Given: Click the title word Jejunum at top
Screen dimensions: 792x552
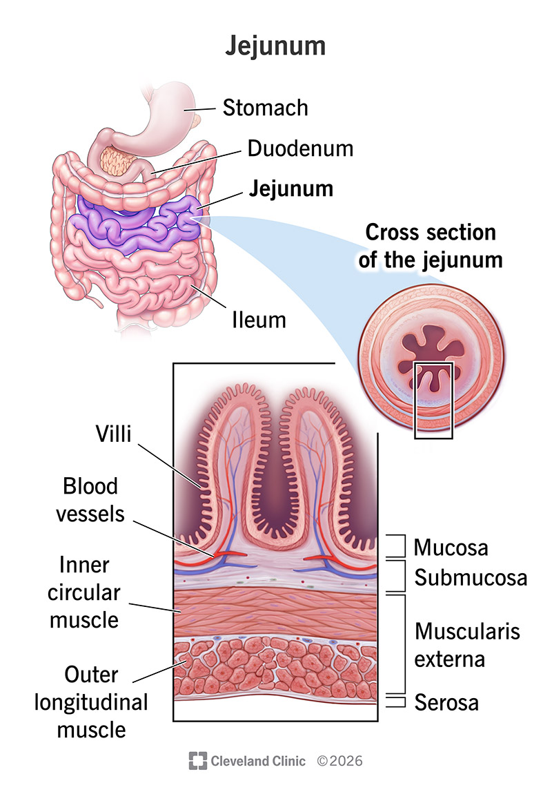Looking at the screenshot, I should (275, 46).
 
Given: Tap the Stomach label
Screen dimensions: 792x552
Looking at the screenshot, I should (265, 108).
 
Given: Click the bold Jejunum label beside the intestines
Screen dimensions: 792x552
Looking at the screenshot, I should (291, 188).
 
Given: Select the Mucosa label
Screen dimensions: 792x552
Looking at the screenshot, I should (451, 548).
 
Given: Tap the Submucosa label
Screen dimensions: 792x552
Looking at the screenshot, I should (471, 577).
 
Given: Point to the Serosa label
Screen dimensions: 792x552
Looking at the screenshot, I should (446, 703).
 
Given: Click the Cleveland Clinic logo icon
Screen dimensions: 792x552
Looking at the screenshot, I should (198, 761).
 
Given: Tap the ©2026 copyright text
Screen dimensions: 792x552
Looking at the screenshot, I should (339, 761).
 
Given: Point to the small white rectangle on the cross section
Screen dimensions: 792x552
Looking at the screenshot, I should (433, 400).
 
